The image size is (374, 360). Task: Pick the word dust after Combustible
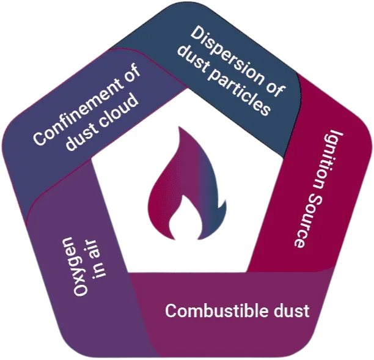pyautogui.click(x=291, y=311)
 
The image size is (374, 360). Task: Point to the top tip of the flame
pyautogui.click(x=180, y=127)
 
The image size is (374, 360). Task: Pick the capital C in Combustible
pyautogui.click(x=172, y=311)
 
